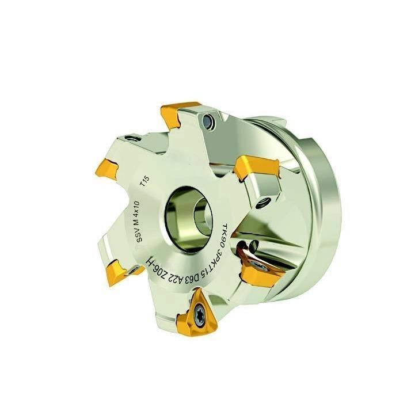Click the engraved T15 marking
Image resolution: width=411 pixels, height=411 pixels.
point(145,181)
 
